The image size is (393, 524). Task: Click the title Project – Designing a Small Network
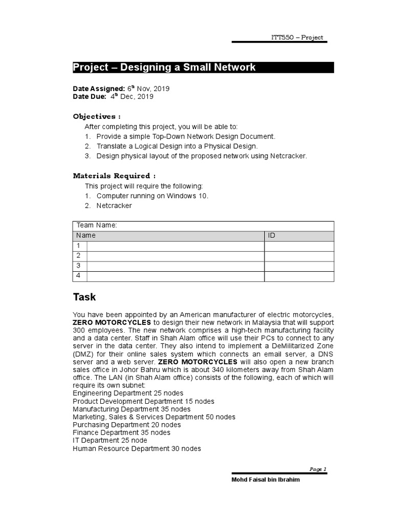(x=164, y=68)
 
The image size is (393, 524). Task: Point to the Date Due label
(x=90, y=96)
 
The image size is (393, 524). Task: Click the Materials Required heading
(x=114, y=176)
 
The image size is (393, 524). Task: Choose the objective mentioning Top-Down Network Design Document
(x=186, y=137)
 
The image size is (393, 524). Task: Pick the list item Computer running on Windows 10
(x=152, y=196)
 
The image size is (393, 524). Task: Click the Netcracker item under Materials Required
(x=114, y=206)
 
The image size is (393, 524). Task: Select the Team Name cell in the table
(x=97, y=226)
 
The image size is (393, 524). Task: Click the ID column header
(x=272, y=236)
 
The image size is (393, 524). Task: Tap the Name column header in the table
(x=86, y=236)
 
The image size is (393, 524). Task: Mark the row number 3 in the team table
(x=78, y=266)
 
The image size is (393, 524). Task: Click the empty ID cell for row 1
(x=299, y=246)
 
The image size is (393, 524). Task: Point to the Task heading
(x=84, y=297)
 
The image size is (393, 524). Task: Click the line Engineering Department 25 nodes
(x=128, y=394)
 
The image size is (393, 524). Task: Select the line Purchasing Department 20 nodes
(x=126, y=425)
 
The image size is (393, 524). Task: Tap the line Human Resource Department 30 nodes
(x=137, y=449)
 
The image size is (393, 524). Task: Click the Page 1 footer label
(x=318, y=469)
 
